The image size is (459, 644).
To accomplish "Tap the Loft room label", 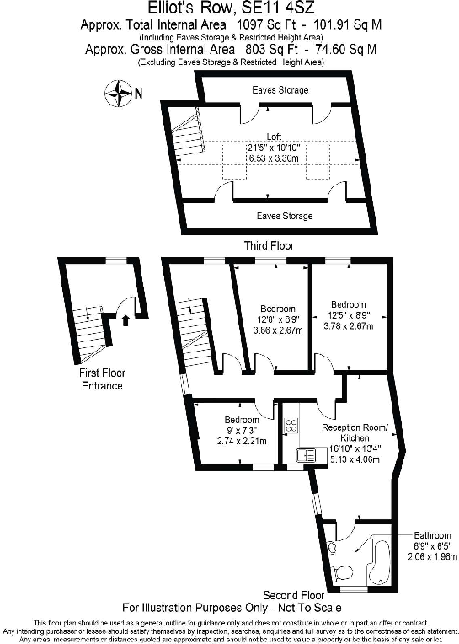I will pos(274,137).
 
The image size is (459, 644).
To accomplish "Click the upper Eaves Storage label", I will pos(280,89).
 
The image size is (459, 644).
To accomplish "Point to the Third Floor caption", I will pos(269,245).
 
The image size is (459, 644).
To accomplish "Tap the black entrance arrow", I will pos(126,319).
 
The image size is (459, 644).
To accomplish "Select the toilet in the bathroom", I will pos(342,573).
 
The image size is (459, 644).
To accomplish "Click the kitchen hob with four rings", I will pos(291,427).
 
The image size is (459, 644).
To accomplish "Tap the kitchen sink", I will pos(307,455).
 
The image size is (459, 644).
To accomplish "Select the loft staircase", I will pos(186,134).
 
